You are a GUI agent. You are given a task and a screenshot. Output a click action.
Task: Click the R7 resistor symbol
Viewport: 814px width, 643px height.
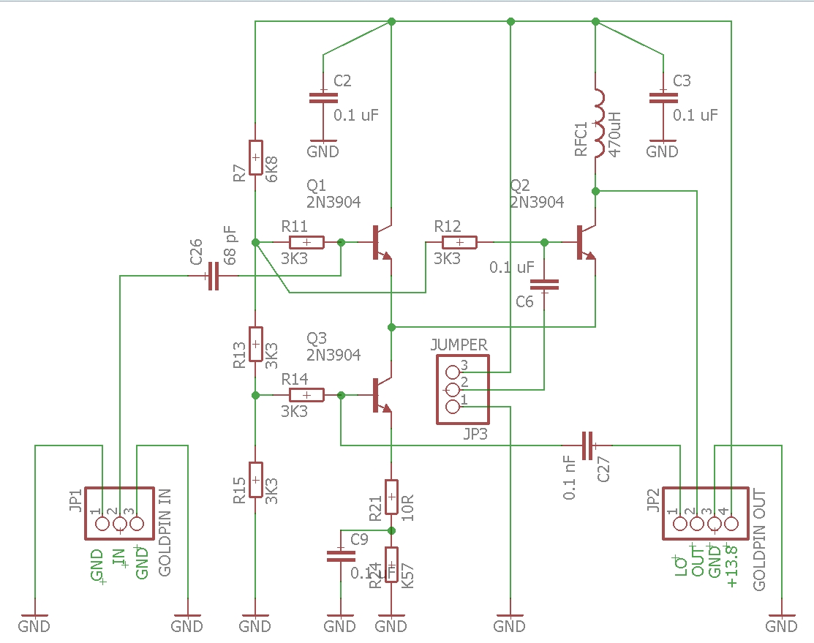click(x=255, y=157)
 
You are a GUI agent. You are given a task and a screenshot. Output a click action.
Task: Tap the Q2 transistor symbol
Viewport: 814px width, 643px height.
click(x=586, y=242)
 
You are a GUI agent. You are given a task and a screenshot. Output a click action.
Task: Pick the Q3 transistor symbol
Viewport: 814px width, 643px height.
click(x=382, y=396)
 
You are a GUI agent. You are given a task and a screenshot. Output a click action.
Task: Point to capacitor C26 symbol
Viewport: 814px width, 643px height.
click(x=213, y=276)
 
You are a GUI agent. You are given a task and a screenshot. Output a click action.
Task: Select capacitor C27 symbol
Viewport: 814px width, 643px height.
click(x=587, y=444)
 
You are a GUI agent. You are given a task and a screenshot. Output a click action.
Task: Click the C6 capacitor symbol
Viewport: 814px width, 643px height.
click(x=544, y=285)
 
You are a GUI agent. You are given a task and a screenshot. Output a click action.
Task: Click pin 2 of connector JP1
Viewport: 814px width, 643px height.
click(x=118, y=524)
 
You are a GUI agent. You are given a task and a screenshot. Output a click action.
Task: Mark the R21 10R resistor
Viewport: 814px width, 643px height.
click(x=391, y=498)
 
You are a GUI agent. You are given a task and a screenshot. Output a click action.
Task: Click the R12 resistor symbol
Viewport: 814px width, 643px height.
click(x=459, y=242)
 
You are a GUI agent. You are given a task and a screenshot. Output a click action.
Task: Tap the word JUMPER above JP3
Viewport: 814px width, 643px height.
click(x=459, y=345)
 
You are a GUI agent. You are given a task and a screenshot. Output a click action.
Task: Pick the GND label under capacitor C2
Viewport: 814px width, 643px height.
click(x=323, y=151)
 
